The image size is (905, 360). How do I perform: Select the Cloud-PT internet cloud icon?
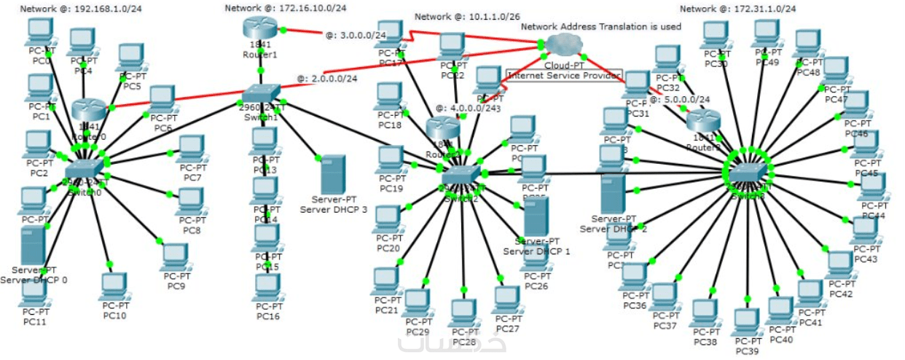562,43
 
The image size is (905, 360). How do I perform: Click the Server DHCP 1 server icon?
536,217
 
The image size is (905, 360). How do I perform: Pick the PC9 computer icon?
175,257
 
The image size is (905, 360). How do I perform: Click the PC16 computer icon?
268,288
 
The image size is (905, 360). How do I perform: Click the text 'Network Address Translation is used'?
601,27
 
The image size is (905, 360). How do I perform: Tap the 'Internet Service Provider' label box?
564,75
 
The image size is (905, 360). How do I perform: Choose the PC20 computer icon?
388,220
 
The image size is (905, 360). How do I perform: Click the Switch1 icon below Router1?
260,95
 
